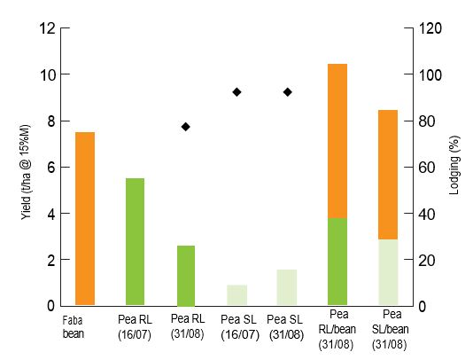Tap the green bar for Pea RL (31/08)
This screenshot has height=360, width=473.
click(186, 275)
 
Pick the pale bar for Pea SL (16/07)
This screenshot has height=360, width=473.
click(237, 294)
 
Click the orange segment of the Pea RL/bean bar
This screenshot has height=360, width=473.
click(337, 141)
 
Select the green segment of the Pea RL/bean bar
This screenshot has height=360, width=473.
click(337, 262)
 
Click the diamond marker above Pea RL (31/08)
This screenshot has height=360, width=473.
click(186, 127)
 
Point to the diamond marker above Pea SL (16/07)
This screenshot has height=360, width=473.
click(237, 92)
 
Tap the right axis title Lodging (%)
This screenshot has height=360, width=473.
click(454, 166)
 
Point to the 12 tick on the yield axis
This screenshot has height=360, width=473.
click(50, 28)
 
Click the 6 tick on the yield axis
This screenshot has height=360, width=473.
click(53, 168)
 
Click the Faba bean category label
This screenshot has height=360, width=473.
click(74, 326)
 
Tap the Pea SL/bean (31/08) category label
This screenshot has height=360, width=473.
click(389, 328)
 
